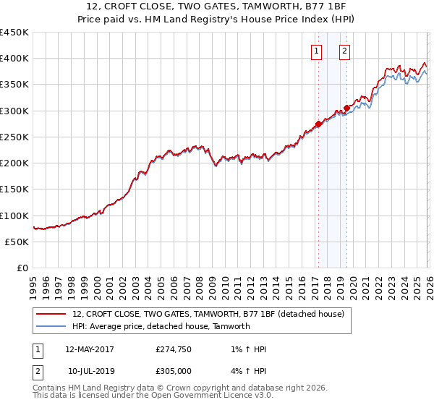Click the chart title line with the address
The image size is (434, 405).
pos(217,7)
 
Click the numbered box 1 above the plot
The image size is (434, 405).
pos(317,51)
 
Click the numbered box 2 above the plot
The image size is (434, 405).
pos(344,51)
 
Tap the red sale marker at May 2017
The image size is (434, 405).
pos(318,124)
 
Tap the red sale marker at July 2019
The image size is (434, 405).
pos(346,108)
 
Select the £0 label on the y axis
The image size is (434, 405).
pos(22,268)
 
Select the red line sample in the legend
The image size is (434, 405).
pos(51,314)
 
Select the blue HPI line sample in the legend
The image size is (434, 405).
pos(51,326)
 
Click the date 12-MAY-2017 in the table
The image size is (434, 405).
pos(90,349)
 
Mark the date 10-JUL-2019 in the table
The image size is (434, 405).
pos(91,370)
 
